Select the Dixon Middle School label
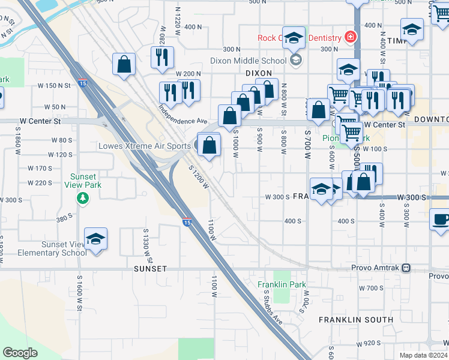click(x=248, y=60)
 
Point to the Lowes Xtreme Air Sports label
click(x=145, y=146)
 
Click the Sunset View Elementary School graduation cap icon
click(x=96, y=239)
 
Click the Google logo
click(x=20, y=353)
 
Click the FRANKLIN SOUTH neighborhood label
click(x=356, y=320)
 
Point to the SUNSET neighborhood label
click(x=150, y=269)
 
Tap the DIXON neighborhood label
click(x=259, y=73)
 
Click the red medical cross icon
click(x=350, y=38)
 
